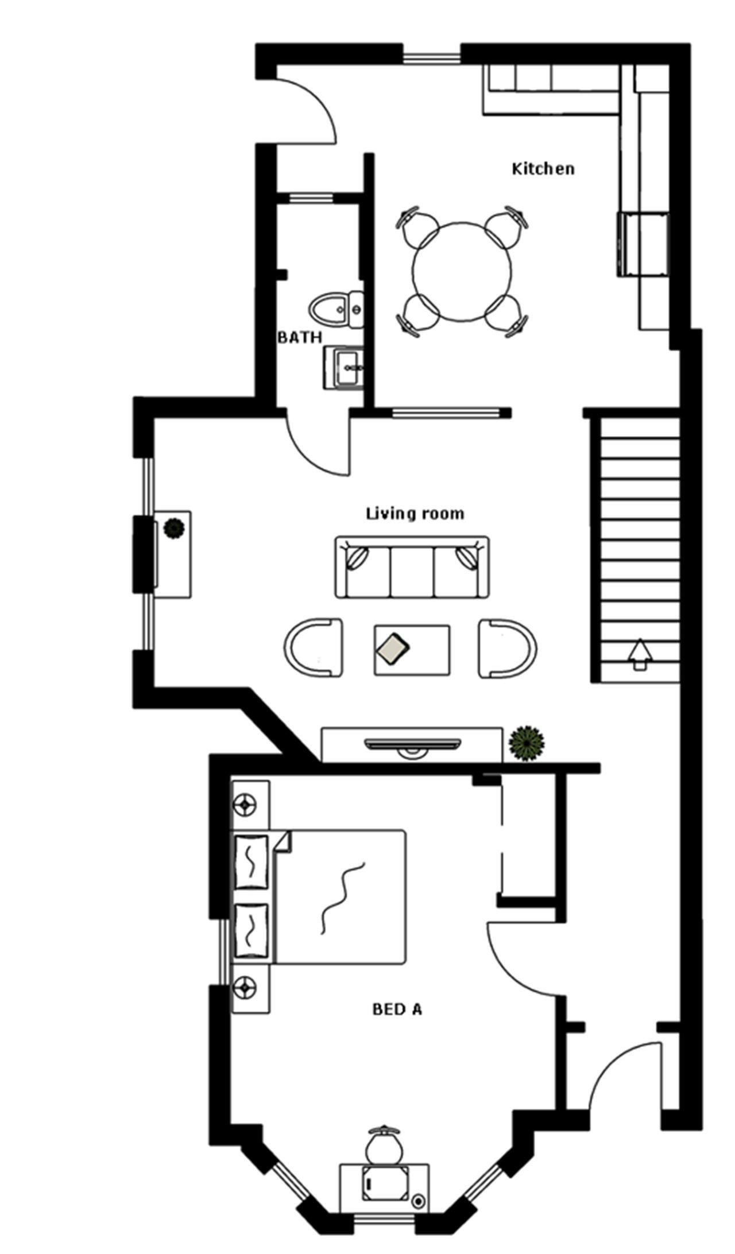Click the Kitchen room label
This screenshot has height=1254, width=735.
(x=543, y=169)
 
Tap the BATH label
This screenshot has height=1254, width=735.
(x=299, y=337)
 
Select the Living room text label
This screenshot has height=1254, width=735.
(x=415, y=513)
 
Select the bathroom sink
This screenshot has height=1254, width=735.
(x=346, y=368)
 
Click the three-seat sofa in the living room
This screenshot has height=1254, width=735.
(x=412, y=568)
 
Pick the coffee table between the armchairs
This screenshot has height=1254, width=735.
(x=412, y=650)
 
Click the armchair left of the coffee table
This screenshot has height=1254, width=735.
(x=313, y=647)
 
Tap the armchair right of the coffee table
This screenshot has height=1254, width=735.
(x=508, y=647)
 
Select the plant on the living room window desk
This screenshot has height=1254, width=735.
(x=173, y=528)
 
